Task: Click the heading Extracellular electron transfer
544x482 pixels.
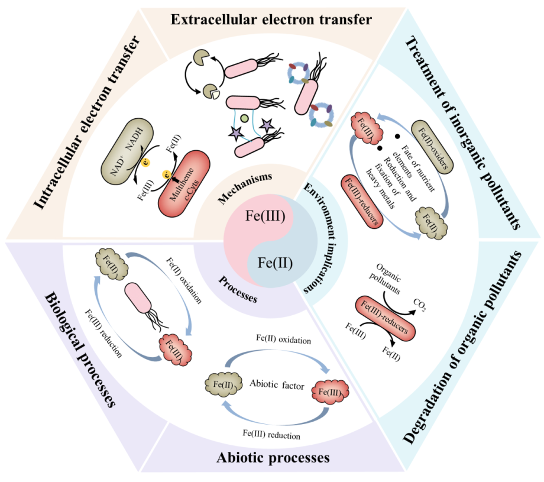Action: point(271,20)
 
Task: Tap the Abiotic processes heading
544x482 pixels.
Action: point(273,458)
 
